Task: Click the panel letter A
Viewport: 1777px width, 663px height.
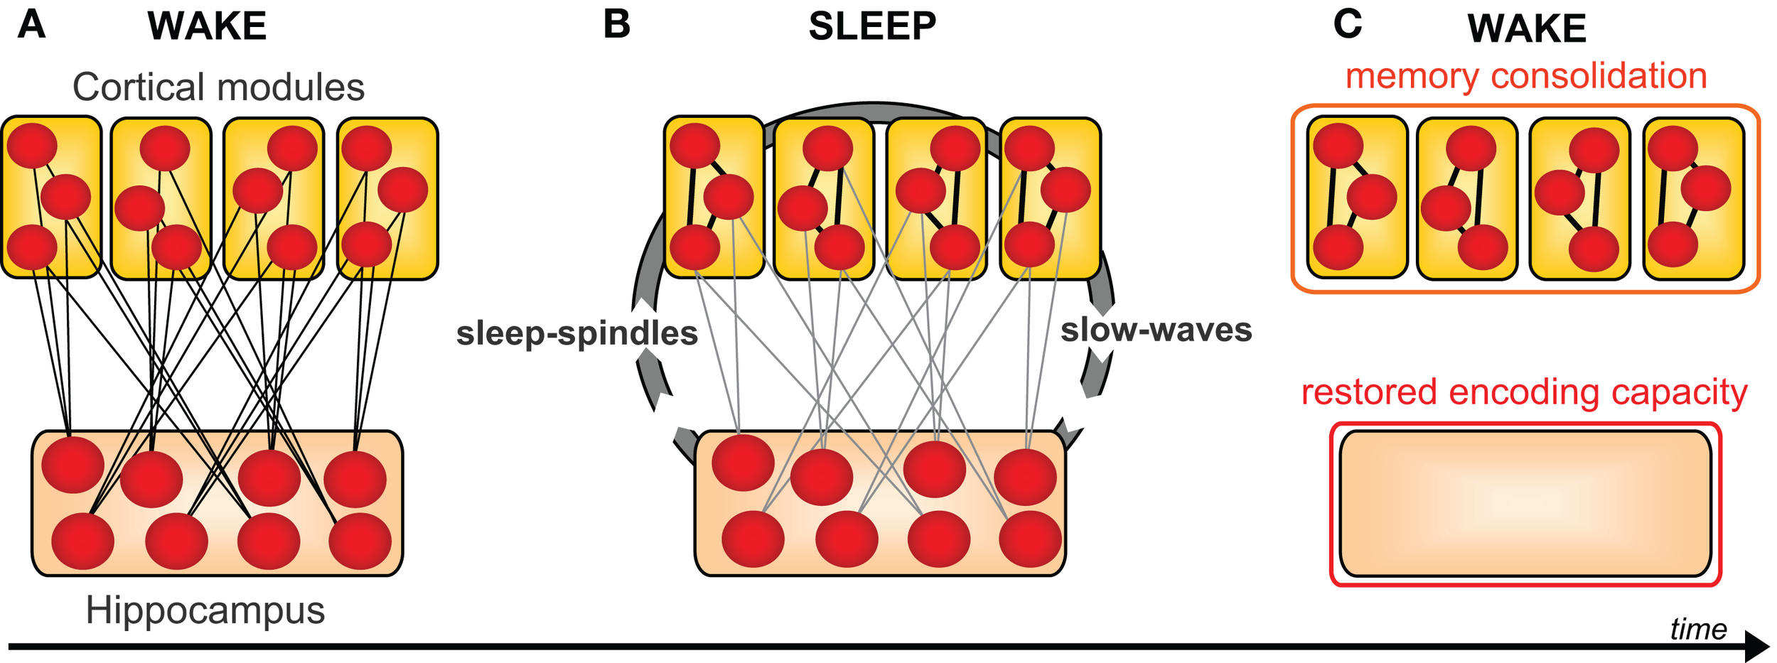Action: click(x=32, y=25)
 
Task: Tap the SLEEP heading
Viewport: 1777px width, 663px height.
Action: click(x=872, y=27)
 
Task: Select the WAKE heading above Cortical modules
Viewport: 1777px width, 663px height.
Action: click(x=207, y=27)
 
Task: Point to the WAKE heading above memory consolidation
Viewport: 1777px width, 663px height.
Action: click(x=1527, y=28)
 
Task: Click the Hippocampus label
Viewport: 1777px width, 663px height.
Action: click(x=205, y=610)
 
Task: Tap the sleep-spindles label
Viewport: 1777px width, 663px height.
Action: click(x=576, y=333)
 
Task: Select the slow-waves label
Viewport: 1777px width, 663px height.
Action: click(x=1156, y=330)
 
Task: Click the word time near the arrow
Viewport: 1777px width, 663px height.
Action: click(x=1698, y=629)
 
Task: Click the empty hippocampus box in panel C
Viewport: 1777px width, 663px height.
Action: click(x=1525, y=503)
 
